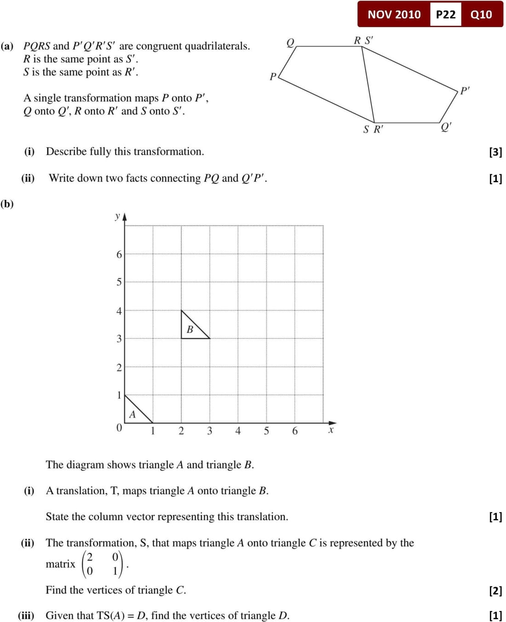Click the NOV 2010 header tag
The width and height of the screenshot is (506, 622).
pyautogui.click(x=394, y=14)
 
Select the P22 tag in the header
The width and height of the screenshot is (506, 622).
pyautogui.click(x=445, y=14)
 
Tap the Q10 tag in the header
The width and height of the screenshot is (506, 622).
pyautogui.click(x=481, y=14)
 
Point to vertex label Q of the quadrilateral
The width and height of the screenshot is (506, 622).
pyautogui.click(x=290, y=42)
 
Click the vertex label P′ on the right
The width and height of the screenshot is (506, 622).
pyautogui.click(x=465, y=90)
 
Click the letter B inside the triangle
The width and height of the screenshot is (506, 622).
pyautogui.click(x=190, y=329)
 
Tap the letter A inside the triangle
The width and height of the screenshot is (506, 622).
pyautogui.click(x=132, y=414)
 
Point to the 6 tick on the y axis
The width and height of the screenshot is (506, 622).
pyautogui.click(x=119, y=254)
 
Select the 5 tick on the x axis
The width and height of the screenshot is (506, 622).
pyautogui.click(x=266, y=431)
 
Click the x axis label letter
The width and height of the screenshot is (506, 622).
pyautogui.click(x=331, y=430)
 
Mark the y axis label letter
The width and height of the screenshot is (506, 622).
pyautogui.click(x=118, y=215)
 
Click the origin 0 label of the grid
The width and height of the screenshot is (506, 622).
pyautogui.click(x=119, y=428)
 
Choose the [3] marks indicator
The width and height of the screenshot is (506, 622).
pyautogui.click(x=495, y=152)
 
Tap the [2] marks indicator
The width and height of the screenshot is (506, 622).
pyautogui.click(x=495, y=590)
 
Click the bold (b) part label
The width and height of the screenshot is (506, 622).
pyautogui.click(x=7, y=204)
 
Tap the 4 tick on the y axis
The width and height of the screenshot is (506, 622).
pyautogui.click(x=119, y=311)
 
